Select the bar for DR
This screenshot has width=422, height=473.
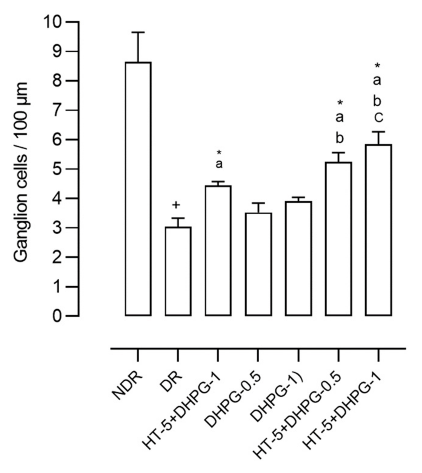point(178,271)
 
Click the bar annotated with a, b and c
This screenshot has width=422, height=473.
point(378,230)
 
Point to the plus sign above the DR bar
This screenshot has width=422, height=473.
point(176,205)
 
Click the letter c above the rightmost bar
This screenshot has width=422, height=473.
point(378,118)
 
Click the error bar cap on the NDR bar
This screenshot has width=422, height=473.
point(138,32)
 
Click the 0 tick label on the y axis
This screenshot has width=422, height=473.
point(57,316)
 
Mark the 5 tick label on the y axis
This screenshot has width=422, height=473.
point(57,169)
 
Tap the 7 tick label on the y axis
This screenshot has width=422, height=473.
point(57,110)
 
